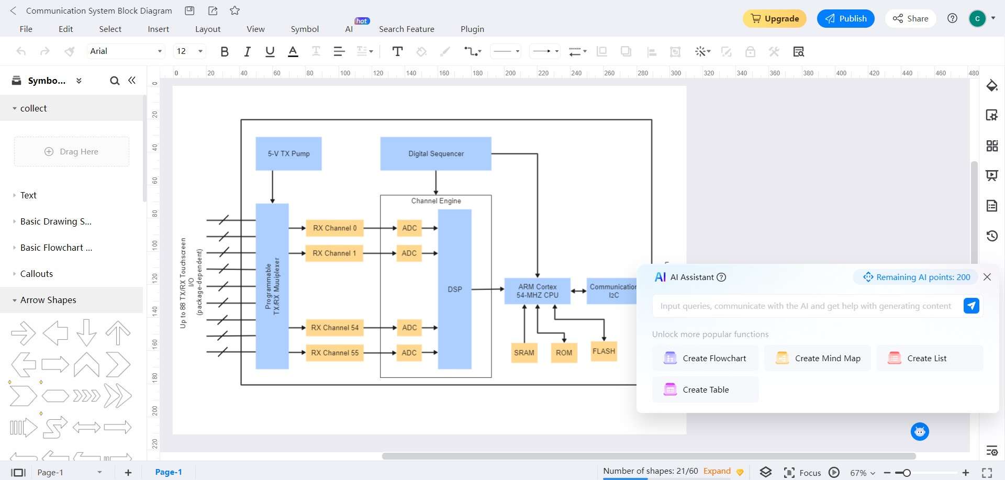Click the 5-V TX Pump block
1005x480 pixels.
coord(288,153)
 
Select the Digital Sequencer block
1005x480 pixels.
coord(435,153)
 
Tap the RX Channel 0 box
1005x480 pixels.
coord(334,228)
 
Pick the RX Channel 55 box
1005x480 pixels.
coord(334,353)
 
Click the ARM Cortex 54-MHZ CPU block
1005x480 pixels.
coord(537,291)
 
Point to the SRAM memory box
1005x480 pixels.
coord(524,353)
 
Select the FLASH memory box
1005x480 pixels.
coord(604,351)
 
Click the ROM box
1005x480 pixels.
coord(564,353)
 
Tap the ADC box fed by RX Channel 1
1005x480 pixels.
coord(409,253)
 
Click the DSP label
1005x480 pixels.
coord(455,289)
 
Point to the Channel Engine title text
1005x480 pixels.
coord(436,201)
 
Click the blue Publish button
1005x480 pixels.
coord(845,18)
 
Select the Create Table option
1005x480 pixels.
coord(705,390)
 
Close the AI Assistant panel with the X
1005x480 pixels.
coord(987,277)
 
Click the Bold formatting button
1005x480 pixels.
coord(225,51)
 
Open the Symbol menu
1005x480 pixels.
coord(305,29)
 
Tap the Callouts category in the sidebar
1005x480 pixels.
coord(37,274)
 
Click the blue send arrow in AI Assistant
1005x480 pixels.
coord(971,306)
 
